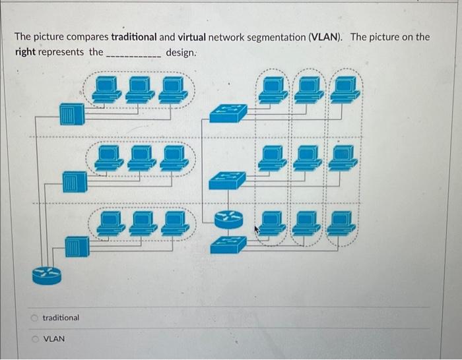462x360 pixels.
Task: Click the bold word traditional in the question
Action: tap(134, 37)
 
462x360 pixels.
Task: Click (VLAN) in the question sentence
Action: tap(325, 37)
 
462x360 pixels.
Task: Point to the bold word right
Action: tap(25, 52)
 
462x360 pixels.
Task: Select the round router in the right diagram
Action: tap(228, 218)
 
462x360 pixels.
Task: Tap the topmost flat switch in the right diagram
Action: tap(228, 113)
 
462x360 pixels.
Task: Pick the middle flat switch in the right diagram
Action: tap(228, 179)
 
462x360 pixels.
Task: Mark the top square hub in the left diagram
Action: tap(71, 114)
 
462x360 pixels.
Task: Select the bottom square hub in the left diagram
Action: tap(77, 247)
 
